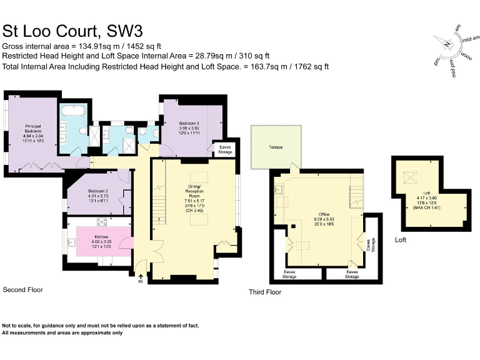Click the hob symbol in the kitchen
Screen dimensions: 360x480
[x=102, y=222]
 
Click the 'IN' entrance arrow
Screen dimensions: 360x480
[x=141, y=281]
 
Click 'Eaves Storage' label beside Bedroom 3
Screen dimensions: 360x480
[x=225, y=149]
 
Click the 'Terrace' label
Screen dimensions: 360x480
[x=276, y=147]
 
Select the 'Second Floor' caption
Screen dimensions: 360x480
[x=23, y=290]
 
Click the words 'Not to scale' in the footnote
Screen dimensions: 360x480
[x=17, y=326]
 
